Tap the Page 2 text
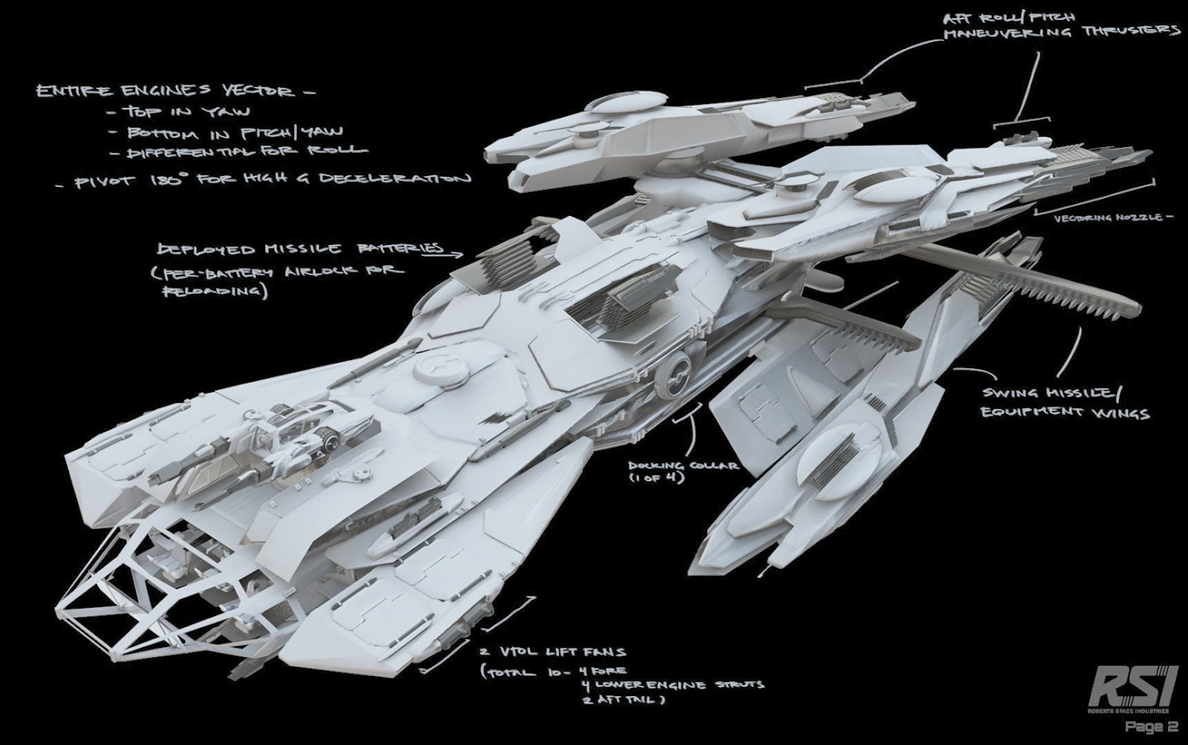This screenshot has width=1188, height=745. pyautogui.click(x=1150, y=727)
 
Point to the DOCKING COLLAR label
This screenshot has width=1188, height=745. pyautogui.click(x=683, y=465)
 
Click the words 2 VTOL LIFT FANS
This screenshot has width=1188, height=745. pyautogui.click(x=553, y=653)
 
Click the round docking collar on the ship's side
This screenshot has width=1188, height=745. pyautogui.click(x=677, y=369)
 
